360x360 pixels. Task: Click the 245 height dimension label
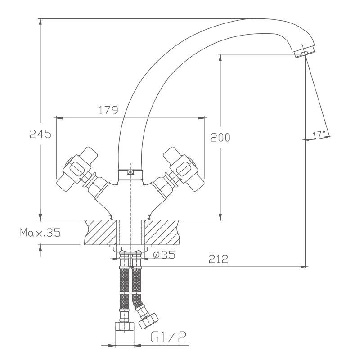click(40, 134)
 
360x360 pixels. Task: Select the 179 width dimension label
click(108, 110)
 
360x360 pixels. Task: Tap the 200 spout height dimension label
click(220, 137)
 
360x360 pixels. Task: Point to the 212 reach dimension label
click(219, 259)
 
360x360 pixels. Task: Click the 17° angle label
click(319, 135)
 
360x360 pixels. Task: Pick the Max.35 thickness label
click(40, 233)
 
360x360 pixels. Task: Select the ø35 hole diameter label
click(164, 255)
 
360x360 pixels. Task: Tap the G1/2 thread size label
click(168, 337)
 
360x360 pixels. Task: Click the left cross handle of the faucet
click(77, 170)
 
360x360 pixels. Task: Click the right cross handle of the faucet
click(184, 170)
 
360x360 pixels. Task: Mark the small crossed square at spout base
click(130, 172)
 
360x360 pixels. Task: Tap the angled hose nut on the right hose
click(148, 321)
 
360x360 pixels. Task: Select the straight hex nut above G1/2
click(124, 326)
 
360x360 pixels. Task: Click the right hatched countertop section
click(162, 232)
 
